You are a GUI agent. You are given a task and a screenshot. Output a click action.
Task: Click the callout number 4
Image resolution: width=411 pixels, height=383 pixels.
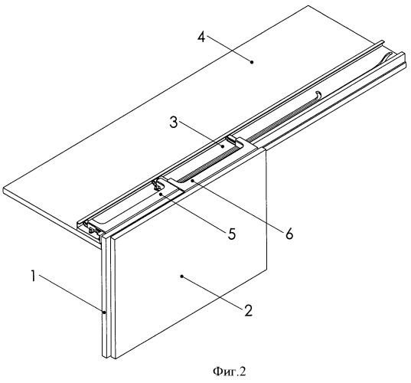201,38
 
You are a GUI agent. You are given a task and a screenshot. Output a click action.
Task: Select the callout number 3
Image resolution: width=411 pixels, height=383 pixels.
174,123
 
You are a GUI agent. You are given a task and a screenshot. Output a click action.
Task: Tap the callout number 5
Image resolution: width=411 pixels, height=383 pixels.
231,234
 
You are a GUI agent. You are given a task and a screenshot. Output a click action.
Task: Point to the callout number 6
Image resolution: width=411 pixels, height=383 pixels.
289,233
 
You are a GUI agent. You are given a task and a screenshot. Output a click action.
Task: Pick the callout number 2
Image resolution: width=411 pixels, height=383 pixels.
248,310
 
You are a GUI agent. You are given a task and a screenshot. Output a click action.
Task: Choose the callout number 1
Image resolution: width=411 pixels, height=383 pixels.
33,277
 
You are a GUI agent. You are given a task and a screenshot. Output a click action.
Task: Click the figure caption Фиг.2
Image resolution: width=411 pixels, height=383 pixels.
230,372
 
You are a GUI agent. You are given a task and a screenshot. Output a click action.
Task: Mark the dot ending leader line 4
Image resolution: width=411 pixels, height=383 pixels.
252,62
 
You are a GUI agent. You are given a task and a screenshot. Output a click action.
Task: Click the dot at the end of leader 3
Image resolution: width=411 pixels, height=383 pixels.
222,147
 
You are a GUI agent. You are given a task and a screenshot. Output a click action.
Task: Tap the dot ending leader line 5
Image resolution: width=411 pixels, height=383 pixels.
161,195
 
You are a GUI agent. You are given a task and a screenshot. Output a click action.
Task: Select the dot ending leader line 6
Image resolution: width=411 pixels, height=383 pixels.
192,181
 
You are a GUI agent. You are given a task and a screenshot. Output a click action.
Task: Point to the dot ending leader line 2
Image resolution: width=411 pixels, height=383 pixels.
182,277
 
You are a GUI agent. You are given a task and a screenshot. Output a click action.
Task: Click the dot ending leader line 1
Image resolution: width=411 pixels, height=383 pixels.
104,313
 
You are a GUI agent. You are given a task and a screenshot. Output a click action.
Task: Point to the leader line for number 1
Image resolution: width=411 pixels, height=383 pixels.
71,293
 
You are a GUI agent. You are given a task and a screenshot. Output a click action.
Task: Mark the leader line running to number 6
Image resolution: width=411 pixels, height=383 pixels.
237,204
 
